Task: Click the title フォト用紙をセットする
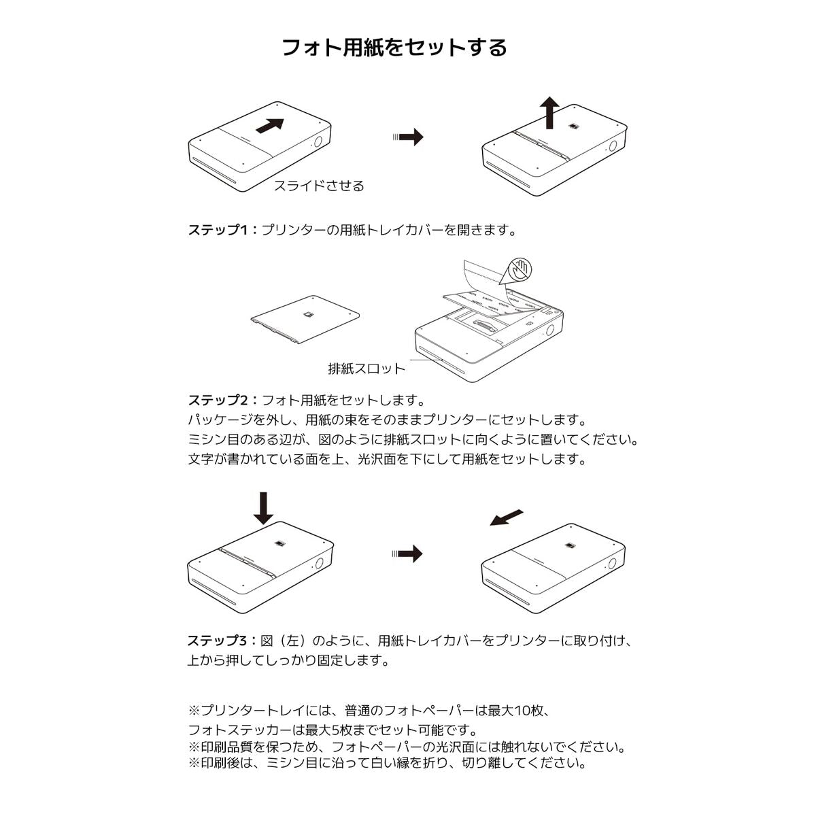click(x=394, y=48)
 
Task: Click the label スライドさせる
click(x=318, y=186)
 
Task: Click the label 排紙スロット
click(x=366, y=369)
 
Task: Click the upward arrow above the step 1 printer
click(x=550, y=112)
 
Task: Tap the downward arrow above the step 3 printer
click(x=262, y=508)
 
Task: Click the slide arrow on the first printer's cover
click(x=270, y=126)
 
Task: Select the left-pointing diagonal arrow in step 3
click(x=507, y=518)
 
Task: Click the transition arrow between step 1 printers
click(x=408, y=137)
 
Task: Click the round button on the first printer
click(x=318, y=143)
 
